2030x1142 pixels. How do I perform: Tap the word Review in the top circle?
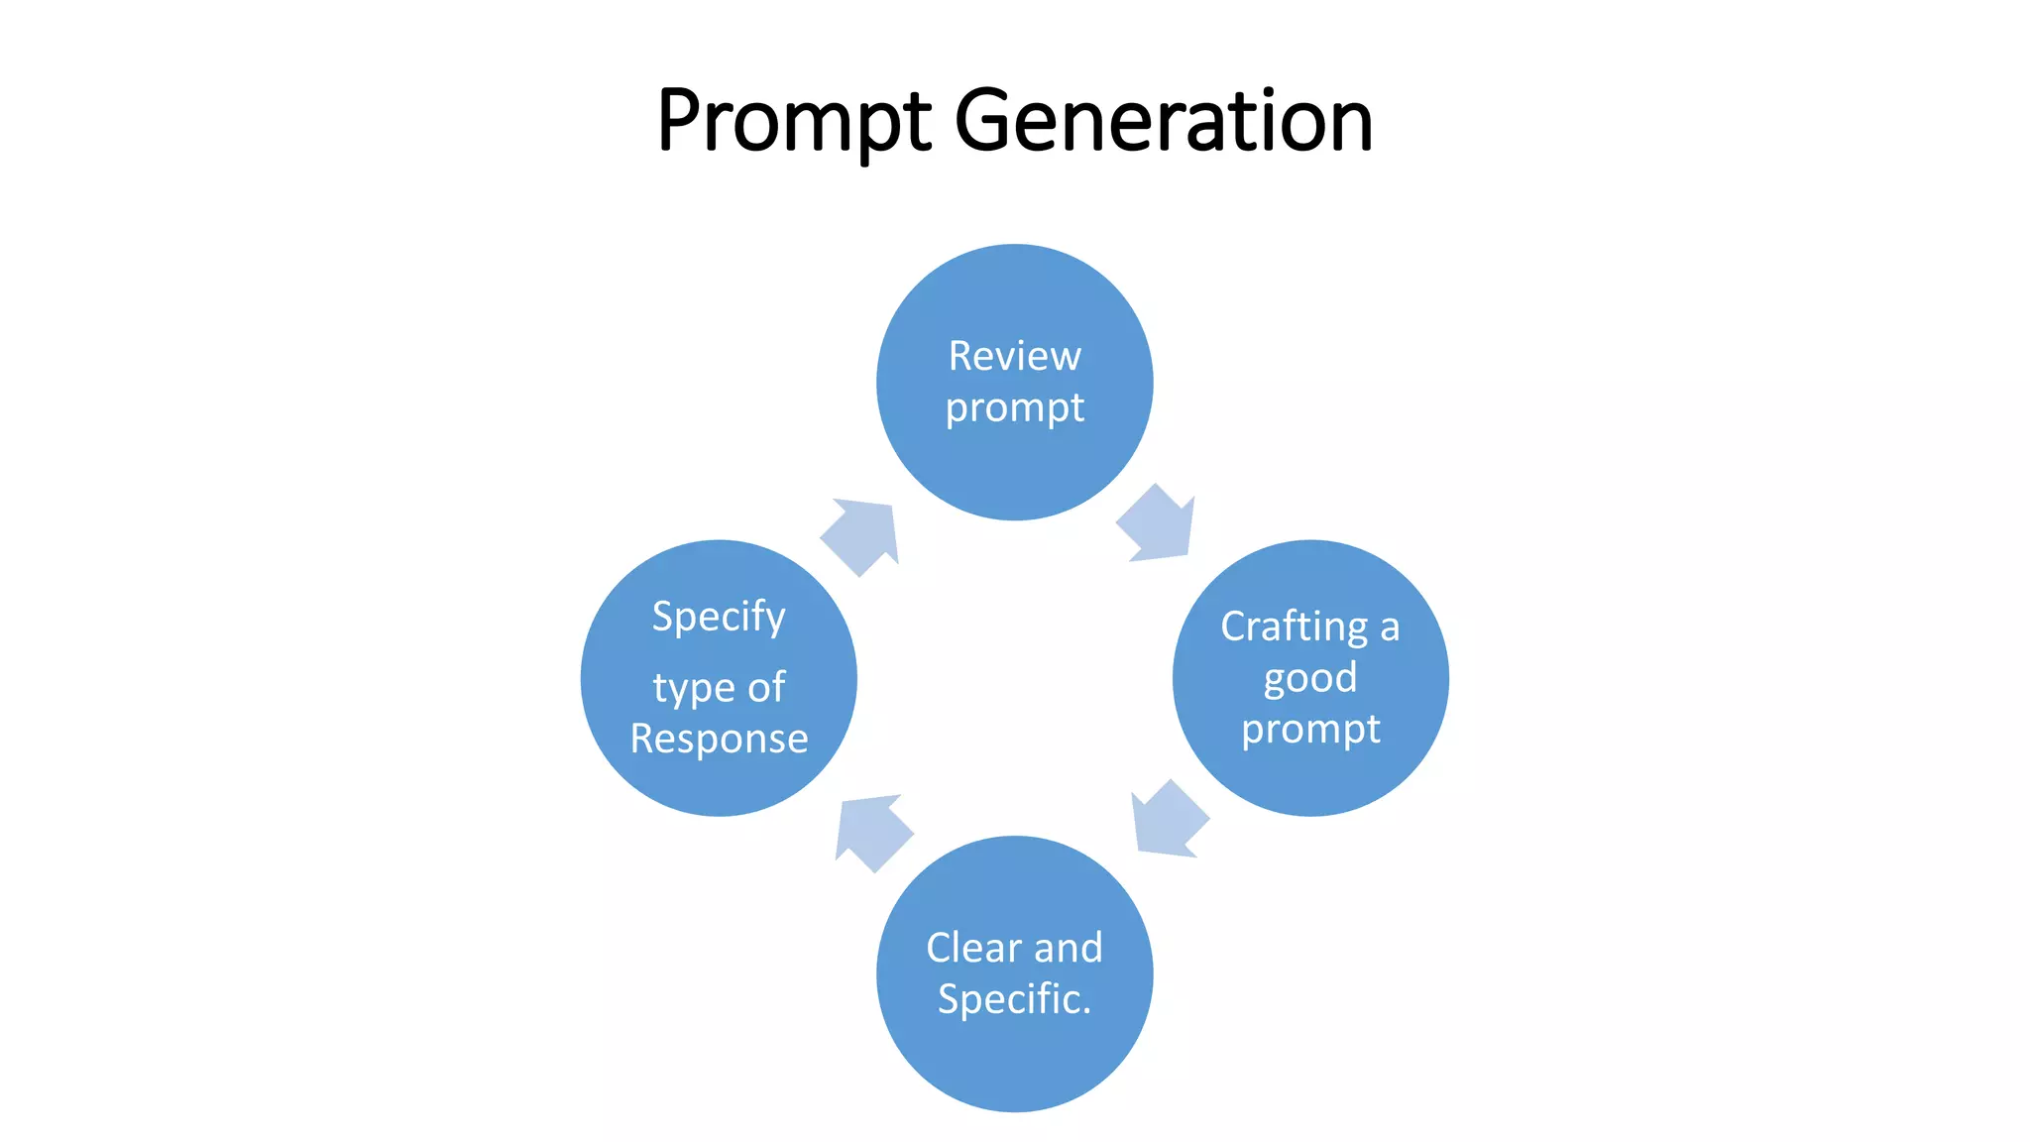point(1014,356)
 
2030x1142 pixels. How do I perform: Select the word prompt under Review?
point(1014,408)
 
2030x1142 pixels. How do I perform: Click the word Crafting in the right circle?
point(1294,628)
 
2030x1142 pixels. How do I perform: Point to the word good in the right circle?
point(1309,679)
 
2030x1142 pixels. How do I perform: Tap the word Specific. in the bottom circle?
point(1014,999)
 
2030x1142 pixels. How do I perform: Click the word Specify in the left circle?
point(719,618)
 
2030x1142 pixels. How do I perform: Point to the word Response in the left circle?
point(719,740)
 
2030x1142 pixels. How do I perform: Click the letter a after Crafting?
point(1390,628)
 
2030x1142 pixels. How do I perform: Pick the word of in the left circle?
point(766,688)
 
